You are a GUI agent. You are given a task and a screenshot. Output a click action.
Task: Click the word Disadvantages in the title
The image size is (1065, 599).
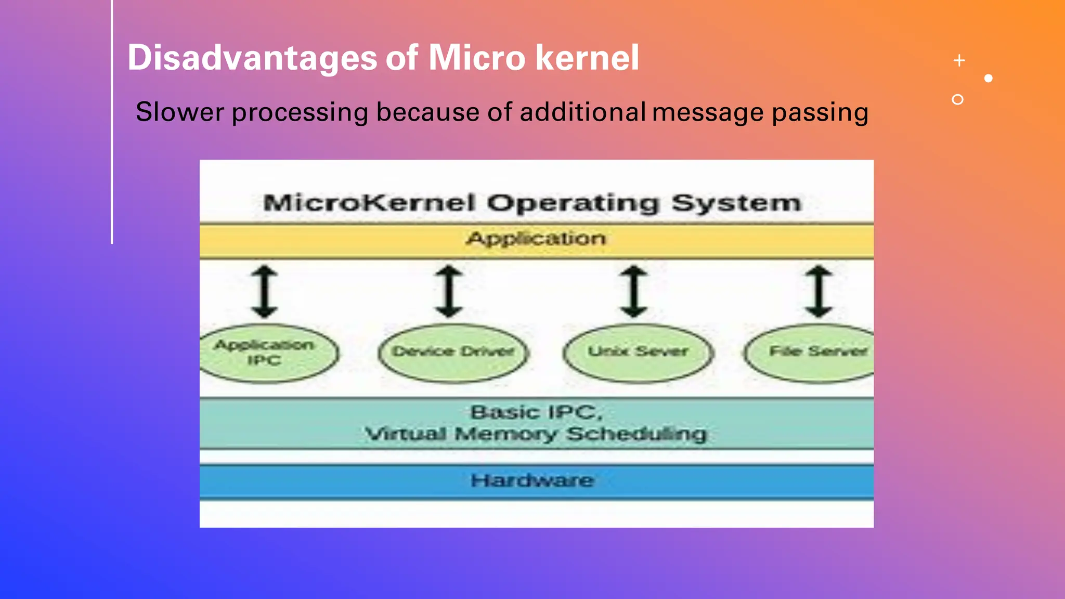click(x=252, y=57)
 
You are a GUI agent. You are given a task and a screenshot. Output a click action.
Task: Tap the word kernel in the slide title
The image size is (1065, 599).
click(x=587, y=57)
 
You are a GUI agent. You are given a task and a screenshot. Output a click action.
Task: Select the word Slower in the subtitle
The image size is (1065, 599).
click(x=180, y=112)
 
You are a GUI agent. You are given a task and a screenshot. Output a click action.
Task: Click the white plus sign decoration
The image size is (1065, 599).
click(x=959, y=61)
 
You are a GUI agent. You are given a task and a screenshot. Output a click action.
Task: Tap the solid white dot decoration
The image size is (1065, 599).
click(x=989, y=79)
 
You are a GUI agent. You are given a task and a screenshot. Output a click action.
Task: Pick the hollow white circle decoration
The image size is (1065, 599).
click(x=957, y=99)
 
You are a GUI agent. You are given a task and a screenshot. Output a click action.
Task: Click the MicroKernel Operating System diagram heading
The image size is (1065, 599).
click(x=532, y=203)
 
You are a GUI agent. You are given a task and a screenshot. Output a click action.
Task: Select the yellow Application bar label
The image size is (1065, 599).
click(x=536, y=239)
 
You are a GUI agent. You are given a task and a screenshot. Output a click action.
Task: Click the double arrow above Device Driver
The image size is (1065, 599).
click(x=449, y=291)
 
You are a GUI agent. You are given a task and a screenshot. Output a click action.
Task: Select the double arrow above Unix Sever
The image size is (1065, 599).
click(x=634, y=291)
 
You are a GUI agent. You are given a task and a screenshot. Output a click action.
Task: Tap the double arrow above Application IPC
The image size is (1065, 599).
click(x=265, y=291)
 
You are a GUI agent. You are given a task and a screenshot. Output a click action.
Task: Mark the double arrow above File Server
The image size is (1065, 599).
click(x=819, y=291)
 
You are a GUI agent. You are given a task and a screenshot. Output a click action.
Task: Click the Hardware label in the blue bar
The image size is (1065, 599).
click(x=532, y=480)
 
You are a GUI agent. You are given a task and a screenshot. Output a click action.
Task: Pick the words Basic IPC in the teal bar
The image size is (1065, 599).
click(x=536, y=412)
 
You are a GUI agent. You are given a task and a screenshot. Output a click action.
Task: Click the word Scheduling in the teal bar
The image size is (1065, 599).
click(x=637, y=434)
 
